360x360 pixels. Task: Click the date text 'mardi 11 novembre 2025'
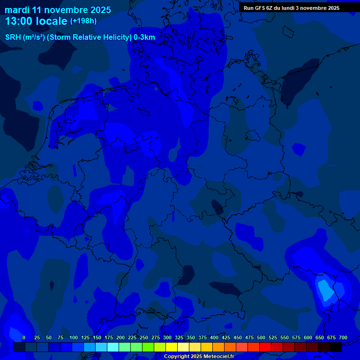58,10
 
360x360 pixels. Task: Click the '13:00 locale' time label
36,21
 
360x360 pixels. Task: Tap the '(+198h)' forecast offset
83,21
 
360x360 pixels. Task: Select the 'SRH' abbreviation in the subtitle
13,37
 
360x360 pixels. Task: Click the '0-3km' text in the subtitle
144,37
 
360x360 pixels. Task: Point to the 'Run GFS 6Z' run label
258,8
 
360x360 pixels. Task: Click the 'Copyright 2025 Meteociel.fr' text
199,356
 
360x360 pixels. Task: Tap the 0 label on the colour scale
24,337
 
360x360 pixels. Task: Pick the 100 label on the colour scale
74,337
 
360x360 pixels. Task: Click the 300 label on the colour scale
167,337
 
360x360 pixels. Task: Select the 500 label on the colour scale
261,337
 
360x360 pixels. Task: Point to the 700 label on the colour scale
343,337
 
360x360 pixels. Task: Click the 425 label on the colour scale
226,337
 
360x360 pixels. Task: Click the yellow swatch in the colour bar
172,347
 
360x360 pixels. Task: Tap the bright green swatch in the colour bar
148,347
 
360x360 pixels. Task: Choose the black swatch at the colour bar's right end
336,347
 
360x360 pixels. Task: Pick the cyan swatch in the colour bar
113,347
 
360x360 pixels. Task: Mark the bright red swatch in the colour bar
265,347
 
